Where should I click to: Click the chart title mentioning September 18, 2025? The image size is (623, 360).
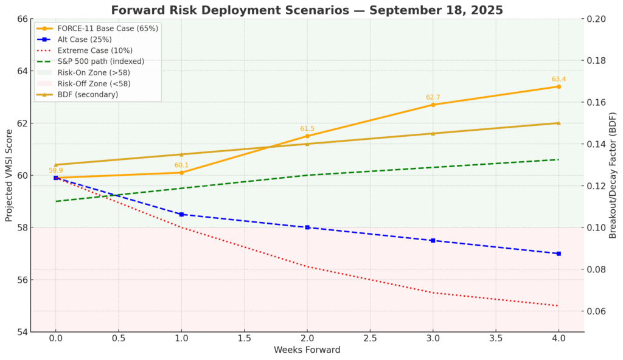307,10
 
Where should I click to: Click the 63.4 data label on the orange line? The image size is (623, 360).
559,79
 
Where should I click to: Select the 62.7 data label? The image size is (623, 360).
433,97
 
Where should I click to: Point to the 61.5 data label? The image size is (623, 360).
307,129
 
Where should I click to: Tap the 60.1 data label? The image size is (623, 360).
181,165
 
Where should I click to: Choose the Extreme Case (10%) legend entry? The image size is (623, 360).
95,50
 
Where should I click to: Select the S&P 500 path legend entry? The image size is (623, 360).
100,61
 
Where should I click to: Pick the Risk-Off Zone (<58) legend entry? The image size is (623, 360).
94,83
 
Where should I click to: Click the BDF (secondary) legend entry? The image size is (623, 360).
88,94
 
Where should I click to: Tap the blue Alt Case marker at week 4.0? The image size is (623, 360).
559,254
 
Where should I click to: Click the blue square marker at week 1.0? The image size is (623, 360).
181,214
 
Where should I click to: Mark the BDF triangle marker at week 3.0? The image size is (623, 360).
433,134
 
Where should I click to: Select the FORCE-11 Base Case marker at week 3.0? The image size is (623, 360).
433,105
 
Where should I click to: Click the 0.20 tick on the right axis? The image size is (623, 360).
596,19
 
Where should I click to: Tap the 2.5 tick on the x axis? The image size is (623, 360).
370,337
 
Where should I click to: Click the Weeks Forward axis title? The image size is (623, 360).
307,350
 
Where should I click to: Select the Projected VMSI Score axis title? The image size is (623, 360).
9,175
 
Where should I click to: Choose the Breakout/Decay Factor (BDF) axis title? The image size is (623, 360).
613,175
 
